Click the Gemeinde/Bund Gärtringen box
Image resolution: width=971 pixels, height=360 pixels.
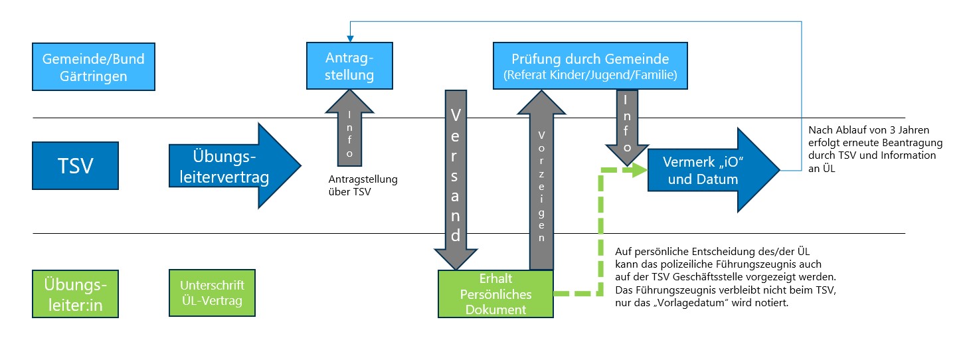pos(93,67)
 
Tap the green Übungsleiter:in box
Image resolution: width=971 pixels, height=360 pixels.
pos(75,293)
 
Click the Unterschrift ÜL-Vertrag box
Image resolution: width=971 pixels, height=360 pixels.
pos(212,293)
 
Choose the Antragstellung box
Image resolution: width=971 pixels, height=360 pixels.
pos(349,66)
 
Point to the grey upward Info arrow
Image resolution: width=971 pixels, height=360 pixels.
pos(350,130)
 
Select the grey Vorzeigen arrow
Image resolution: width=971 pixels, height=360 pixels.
pos(541,179)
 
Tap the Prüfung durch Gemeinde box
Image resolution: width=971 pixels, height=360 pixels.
pos(590,66)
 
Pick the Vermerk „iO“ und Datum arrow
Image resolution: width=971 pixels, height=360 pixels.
pos(711,171)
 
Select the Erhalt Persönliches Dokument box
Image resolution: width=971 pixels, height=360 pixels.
pos(495,293)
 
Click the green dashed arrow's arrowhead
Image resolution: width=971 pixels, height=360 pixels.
pos(639,170)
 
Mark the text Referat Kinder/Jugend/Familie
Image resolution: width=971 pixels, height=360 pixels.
pos(590,75)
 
